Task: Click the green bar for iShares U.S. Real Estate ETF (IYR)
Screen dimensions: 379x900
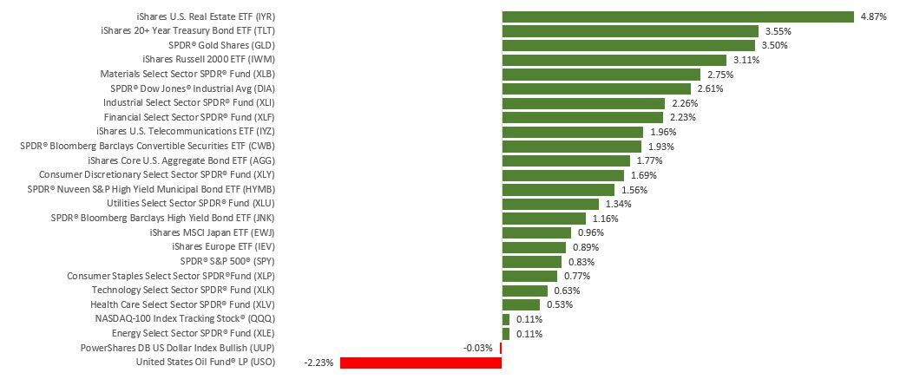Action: point(678,16)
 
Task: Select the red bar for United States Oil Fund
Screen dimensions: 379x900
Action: point(421,363)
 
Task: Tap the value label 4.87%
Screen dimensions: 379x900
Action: point(873,16)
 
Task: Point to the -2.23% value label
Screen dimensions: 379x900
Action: point(319,363)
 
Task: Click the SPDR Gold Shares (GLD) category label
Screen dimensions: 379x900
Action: point(221,45)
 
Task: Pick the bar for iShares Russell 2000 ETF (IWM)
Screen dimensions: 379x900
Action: point(614,60)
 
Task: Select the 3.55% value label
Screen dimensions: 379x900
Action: point(778,31)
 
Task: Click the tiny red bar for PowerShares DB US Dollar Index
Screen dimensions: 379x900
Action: point(501,348)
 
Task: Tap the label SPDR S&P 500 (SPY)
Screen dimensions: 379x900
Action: point(227,261)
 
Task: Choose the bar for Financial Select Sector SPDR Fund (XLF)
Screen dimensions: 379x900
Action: point(582,117)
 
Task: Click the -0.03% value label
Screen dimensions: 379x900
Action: point(478,348)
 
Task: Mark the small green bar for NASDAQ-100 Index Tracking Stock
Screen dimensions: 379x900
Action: point(506,319)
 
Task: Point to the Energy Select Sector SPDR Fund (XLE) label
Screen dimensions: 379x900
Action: point(194,333)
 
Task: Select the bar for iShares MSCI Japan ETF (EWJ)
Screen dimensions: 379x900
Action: point(536,232)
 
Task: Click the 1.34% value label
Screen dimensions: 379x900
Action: point(618,204)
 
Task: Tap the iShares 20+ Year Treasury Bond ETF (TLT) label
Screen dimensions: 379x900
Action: point(188,31)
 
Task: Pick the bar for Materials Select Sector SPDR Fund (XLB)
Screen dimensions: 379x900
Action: point(601,74)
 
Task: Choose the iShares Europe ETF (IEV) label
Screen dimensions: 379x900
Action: point(224,247)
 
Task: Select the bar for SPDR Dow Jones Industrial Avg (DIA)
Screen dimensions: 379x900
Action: point(596,88)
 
